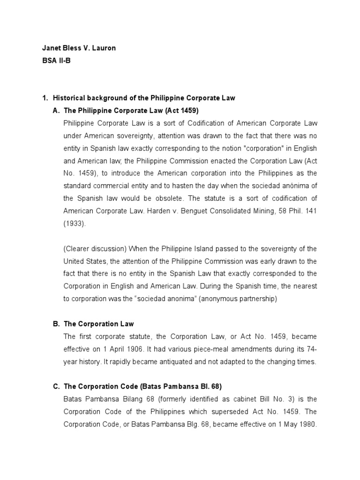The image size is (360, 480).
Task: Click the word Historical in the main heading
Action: click(x=69, y=98)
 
